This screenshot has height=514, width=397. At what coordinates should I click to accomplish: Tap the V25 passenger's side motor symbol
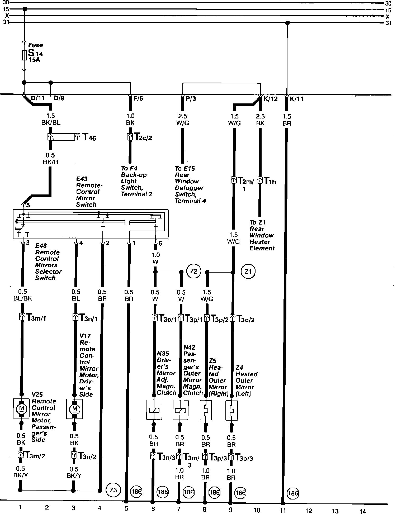tap(21, 408)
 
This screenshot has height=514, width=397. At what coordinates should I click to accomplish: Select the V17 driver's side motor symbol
tap(74, 409)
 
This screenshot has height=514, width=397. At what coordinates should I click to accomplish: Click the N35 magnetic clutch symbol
tap(154, 410)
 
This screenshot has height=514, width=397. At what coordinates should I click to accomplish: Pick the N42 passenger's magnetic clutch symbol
tap(180, 410)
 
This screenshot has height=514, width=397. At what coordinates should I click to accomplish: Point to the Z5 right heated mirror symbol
tap(206, 410)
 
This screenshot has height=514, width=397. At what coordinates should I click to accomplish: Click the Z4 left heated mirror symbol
tap(231, 410)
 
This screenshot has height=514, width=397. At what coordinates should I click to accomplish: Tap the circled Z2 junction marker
tap(194, 272)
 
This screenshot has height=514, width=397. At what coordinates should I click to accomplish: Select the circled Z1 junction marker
tap(248, 272)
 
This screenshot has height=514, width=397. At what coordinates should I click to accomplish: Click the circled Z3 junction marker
tap(113, 490)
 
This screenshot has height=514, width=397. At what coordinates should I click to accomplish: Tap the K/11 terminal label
tap(296, 99)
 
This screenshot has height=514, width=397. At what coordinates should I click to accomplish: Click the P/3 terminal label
tap(191, 99)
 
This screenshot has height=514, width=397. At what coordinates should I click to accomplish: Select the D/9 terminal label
tap(59, 98)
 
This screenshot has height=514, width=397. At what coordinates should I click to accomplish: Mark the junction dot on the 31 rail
tap(288, 23)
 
